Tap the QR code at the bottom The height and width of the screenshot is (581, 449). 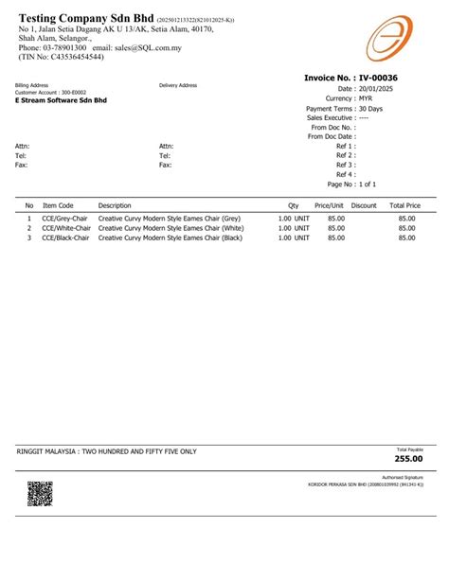[39, 494]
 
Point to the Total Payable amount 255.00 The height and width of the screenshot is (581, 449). [409, 459]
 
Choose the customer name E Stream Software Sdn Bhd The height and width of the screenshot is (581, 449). [62, 99]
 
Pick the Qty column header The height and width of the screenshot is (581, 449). [293, 205]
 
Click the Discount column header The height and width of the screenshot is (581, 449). [364, 205]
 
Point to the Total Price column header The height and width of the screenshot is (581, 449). [404, 205]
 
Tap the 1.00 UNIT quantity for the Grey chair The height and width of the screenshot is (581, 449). [294, 218]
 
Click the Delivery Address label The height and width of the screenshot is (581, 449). [178, 85]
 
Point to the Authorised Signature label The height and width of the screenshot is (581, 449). [402, 479]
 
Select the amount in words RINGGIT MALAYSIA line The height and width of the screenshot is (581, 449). [107, 452]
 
